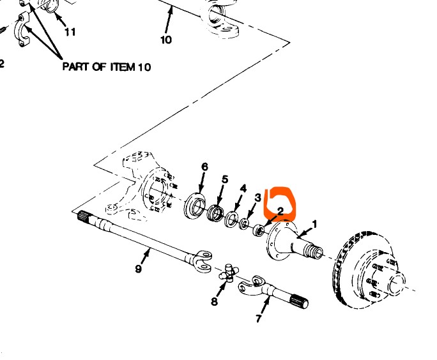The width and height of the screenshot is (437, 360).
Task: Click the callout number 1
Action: click(314, 224)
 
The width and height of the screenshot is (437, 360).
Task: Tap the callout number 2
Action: click(280, 211)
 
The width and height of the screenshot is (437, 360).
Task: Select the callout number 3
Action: click(257, 198)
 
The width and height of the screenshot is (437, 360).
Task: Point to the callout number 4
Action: click(243, 188)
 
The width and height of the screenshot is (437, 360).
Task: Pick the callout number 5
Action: click(224, 179)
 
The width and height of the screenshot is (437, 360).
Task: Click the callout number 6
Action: click(204, 167)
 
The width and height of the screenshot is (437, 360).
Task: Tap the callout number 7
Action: click(259, 318)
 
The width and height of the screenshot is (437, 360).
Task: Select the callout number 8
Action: click(215, 301)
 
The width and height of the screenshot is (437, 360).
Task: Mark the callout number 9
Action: click(138, 269)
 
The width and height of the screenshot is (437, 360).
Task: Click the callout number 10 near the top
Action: click(165, 40)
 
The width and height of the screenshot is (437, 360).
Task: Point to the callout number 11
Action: click(70, 31)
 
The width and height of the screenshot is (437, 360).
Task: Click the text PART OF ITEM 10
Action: click(107, 67)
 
